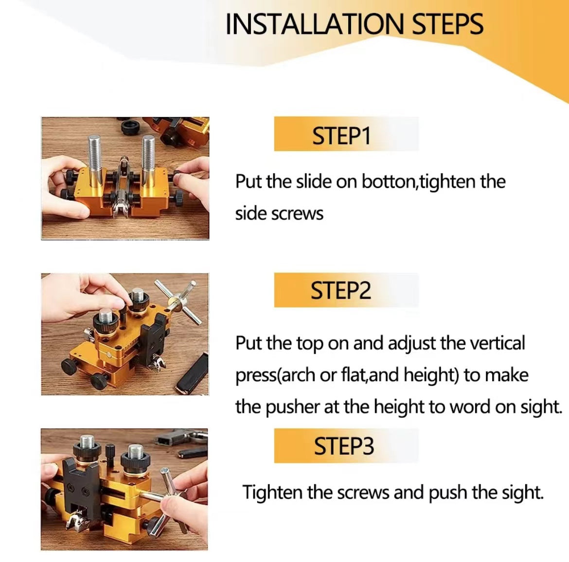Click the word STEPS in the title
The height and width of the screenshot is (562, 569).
pos(447,24)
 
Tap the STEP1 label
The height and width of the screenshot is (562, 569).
pos(341,136)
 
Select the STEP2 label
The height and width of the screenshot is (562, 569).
pos(341,291)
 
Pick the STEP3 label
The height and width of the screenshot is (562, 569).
pos(344,446)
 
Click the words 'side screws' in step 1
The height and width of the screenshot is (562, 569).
pos(279,214)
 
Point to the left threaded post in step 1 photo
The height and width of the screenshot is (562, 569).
pos(94,153)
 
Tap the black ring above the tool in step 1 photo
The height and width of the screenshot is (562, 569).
pos(130,127)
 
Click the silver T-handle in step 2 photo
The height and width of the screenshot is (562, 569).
pos(180,301)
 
